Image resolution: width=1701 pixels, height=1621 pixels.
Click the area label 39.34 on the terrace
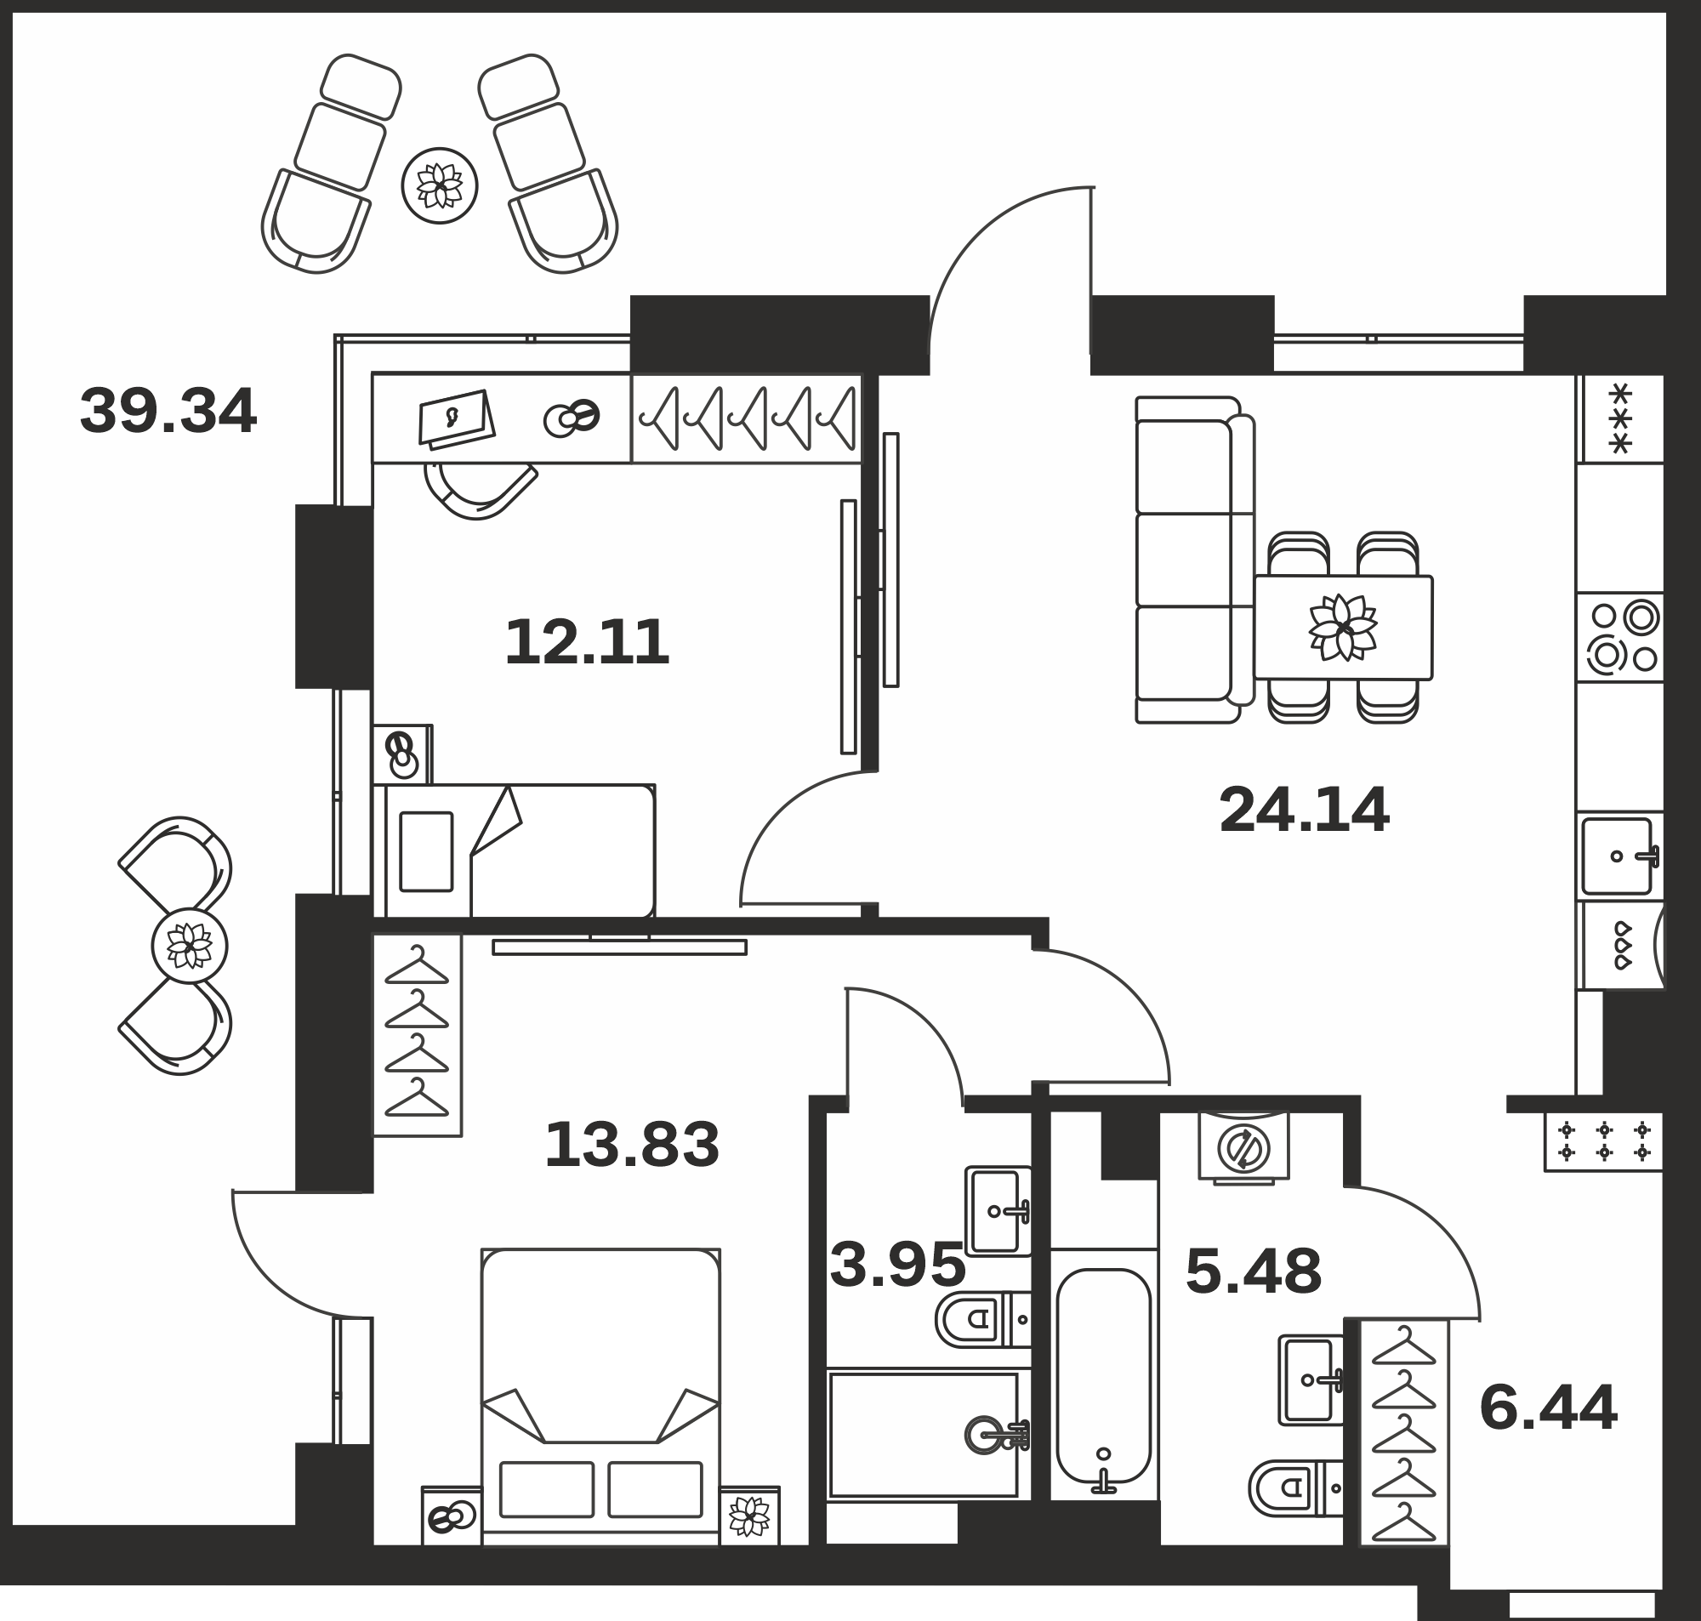(168, 411)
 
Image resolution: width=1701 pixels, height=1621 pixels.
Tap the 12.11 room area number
(587, 642)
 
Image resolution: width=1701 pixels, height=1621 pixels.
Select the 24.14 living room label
(1304, 810)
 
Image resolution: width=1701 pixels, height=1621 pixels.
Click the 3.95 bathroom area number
(897, 1265)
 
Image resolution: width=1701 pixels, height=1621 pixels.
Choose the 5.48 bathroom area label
(1254, 1271)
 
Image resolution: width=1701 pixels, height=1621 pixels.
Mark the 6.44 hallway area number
(1548, 1408)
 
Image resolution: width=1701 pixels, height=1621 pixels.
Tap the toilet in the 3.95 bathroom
(983, 1319)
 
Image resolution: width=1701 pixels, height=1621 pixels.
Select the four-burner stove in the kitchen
(1621, 637)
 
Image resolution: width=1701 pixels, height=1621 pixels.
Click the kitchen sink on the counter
(1621, 856)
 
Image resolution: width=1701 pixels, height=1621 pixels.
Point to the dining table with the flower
(1343, 628)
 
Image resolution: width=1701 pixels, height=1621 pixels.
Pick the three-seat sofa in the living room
(1195, 560)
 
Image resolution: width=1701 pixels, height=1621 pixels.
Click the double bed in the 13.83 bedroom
(600, 1396)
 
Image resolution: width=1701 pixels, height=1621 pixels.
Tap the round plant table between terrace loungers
(440, 185)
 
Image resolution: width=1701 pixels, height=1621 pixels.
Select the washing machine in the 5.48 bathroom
(1244, 1146)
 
